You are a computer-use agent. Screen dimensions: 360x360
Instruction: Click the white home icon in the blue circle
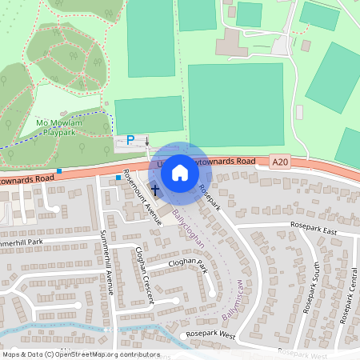click(180, 172)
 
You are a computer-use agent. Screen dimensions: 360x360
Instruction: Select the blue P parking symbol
click(130, 140)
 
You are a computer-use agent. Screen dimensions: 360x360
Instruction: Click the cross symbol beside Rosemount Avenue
click(154, 190)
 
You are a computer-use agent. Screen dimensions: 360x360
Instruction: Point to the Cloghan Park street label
click(187, 265)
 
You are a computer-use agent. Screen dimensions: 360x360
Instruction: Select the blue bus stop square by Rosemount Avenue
click(118, 177)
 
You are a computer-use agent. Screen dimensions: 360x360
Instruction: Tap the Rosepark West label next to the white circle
click(210, 334)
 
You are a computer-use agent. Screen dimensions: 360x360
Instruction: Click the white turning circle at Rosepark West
click(182, 336)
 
